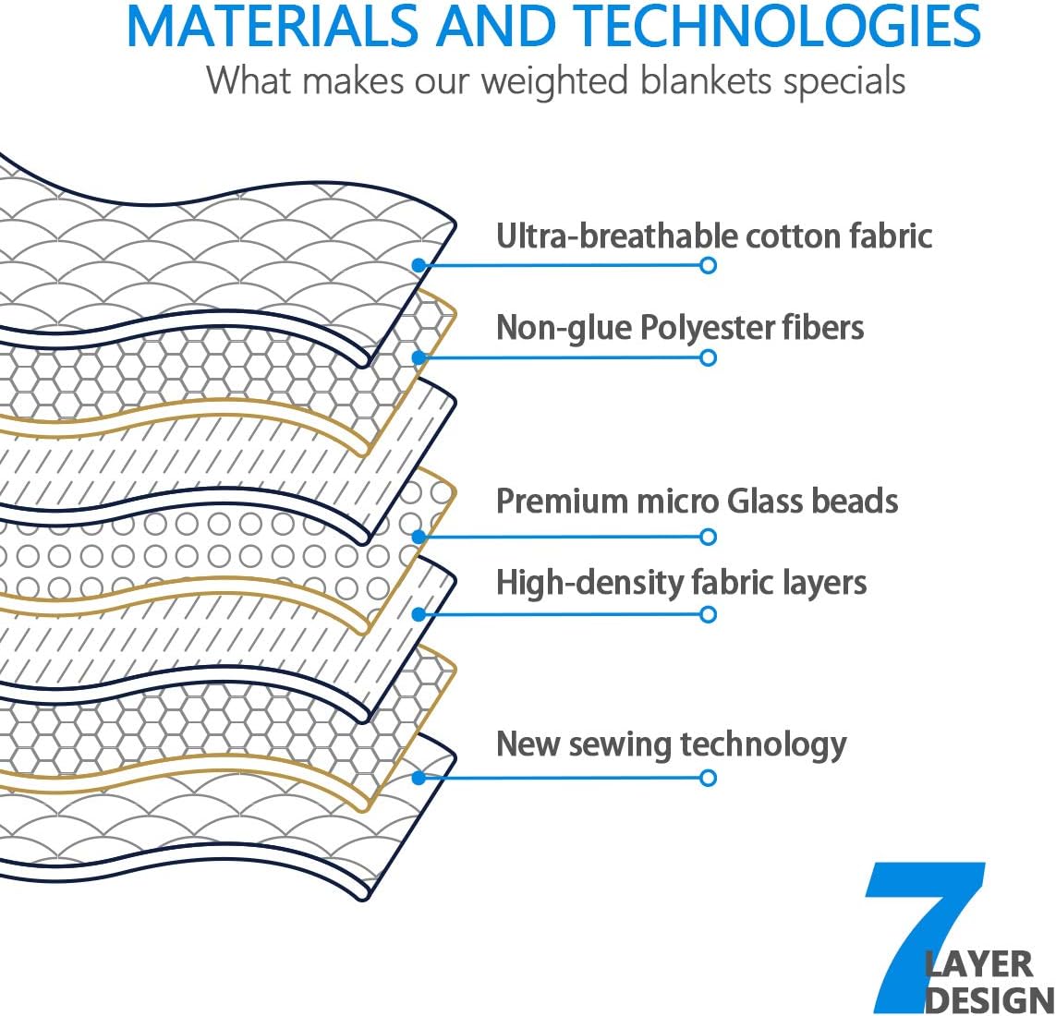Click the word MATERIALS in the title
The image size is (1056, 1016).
click(273, 26)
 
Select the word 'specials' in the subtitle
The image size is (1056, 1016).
click(844, 81)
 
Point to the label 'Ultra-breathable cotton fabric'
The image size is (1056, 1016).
click(714, 236)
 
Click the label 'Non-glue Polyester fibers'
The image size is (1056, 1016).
click(680, 328)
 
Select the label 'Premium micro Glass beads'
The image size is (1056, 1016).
click(697, 501)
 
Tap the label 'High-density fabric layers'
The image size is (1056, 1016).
click(681, 583)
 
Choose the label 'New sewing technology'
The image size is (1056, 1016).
click(672, 744)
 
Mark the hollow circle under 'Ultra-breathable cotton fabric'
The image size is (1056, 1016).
click(708, 265)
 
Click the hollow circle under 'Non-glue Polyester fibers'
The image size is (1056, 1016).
click(708, 357)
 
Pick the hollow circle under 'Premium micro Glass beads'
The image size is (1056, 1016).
click(708, 537)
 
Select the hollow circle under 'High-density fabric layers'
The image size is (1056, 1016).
click(708, 614)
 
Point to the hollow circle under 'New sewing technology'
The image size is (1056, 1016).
click(708, 779)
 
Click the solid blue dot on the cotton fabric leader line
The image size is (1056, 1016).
click(419, 265)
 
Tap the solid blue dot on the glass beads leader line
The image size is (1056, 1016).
click(419, 537)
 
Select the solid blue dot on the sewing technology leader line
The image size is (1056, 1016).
click(419, 779)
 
